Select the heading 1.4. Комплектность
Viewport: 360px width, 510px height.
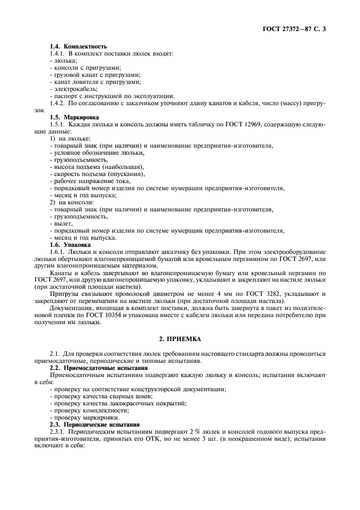(78, 46)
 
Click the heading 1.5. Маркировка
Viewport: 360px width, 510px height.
(75, 117)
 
